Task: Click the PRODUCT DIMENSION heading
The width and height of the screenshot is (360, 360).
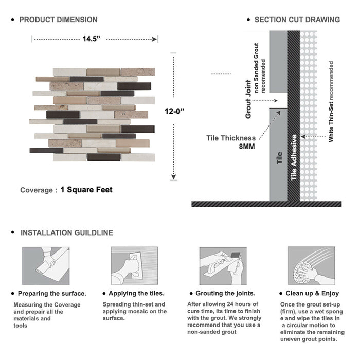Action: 58,20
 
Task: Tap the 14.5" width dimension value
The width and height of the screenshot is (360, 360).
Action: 92,39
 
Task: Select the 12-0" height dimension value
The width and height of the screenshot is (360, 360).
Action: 174,112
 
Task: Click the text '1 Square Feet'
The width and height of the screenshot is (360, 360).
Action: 86,190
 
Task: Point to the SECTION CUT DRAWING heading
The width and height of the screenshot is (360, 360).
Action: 297,20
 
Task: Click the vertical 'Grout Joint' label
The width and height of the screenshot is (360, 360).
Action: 248,99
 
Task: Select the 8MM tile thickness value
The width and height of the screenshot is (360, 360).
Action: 247,146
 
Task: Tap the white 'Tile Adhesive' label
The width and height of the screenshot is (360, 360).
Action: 294,157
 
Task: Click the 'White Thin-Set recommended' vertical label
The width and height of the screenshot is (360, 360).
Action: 331,101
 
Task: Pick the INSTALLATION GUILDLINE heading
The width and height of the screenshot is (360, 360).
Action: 67,233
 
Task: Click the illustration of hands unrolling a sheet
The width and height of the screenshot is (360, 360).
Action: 46,266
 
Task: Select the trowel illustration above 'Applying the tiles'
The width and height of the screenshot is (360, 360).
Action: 135,266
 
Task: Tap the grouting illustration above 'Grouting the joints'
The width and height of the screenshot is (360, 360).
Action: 223,266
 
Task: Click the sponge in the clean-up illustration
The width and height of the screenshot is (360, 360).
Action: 303,272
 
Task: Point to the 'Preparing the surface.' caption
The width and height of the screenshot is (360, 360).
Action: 52,294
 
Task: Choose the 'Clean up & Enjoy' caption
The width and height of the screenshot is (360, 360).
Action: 312,293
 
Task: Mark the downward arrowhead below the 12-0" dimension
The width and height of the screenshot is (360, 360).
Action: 174,177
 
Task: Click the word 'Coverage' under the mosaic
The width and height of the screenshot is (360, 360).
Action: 37,190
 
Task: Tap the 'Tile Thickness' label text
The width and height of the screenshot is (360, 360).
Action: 231,138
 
